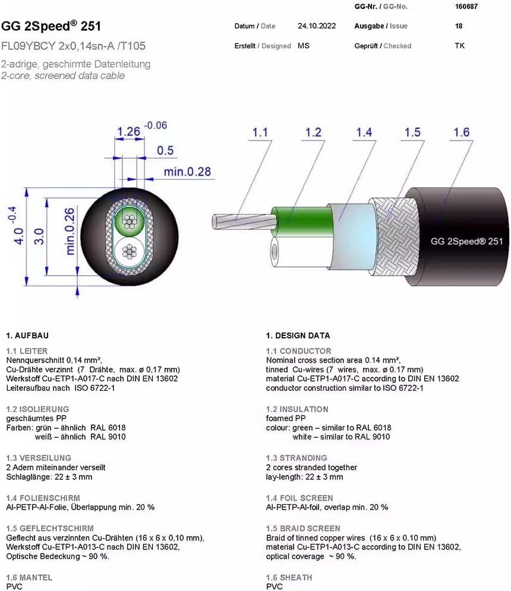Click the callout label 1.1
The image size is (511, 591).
click(260, 133)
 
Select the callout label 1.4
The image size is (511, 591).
click(364, 133)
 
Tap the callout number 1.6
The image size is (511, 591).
click(461, 133)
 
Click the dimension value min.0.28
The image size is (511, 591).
click(187, 172)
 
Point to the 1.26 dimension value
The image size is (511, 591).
click(128, 131)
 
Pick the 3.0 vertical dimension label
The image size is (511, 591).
click(39, 236)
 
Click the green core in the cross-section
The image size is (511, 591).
click(129, 221)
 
